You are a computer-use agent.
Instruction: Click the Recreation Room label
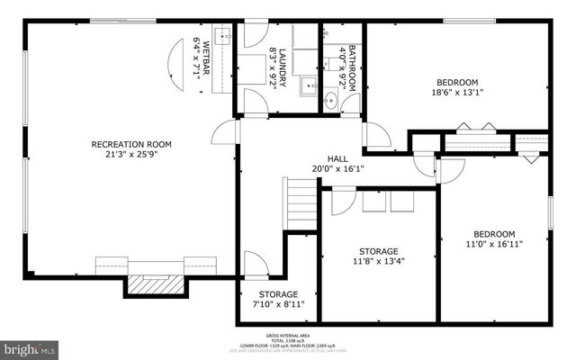(131, 144)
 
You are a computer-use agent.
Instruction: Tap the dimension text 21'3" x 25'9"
(131, 156)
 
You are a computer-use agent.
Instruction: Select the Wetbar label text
(205, 58)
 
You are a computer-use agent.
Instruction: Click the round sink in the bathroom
(330, 101)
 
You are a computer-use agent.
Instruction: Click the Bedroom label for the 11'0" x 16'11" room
(494, 232)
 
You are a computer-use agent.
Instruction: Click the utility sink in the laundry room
(306, 88)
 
